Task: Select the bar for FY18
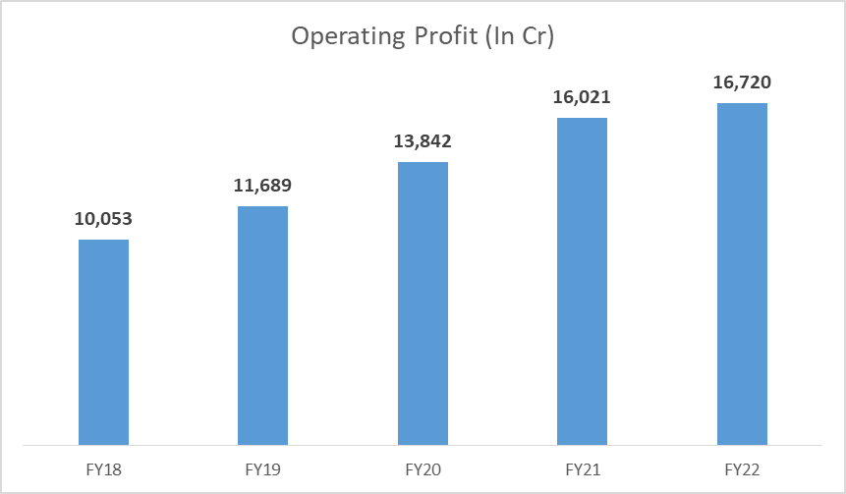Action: pos(103,342)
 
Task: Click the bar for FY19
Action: pos(262,325)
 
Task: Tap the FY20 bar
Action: pos(423,302)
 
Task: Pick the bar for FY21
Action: pos(582,281)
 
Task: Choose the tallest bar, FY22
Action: pos(742,274)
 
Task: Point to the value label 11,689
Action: pos(262,185)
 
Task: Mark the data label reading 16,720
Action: pos(742,82)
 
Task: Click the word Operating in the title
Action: pos(344,37)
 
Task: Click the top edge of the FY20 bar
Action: pos(423,163)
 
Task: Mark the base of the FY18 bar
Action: pos(103,443)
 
